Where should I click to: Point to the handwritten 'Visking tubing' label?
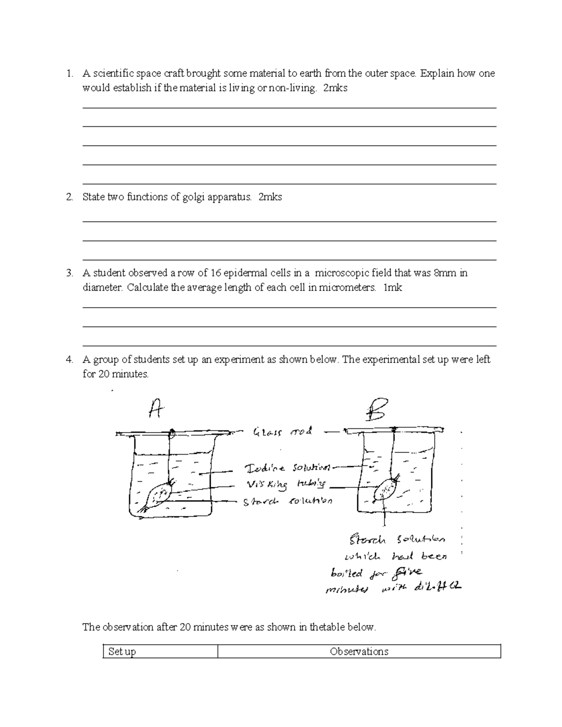(285, 485)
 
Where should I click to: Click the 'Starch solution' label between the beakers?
(288, 501)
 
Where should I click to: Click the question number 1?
(69, 73)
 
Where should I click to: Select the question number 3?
(69, 273)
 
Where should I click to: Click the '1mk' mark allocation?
(392, 287)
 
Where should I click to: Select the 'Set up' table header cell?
(122, 651)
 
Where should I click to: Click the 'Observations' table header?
(359, 651)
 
